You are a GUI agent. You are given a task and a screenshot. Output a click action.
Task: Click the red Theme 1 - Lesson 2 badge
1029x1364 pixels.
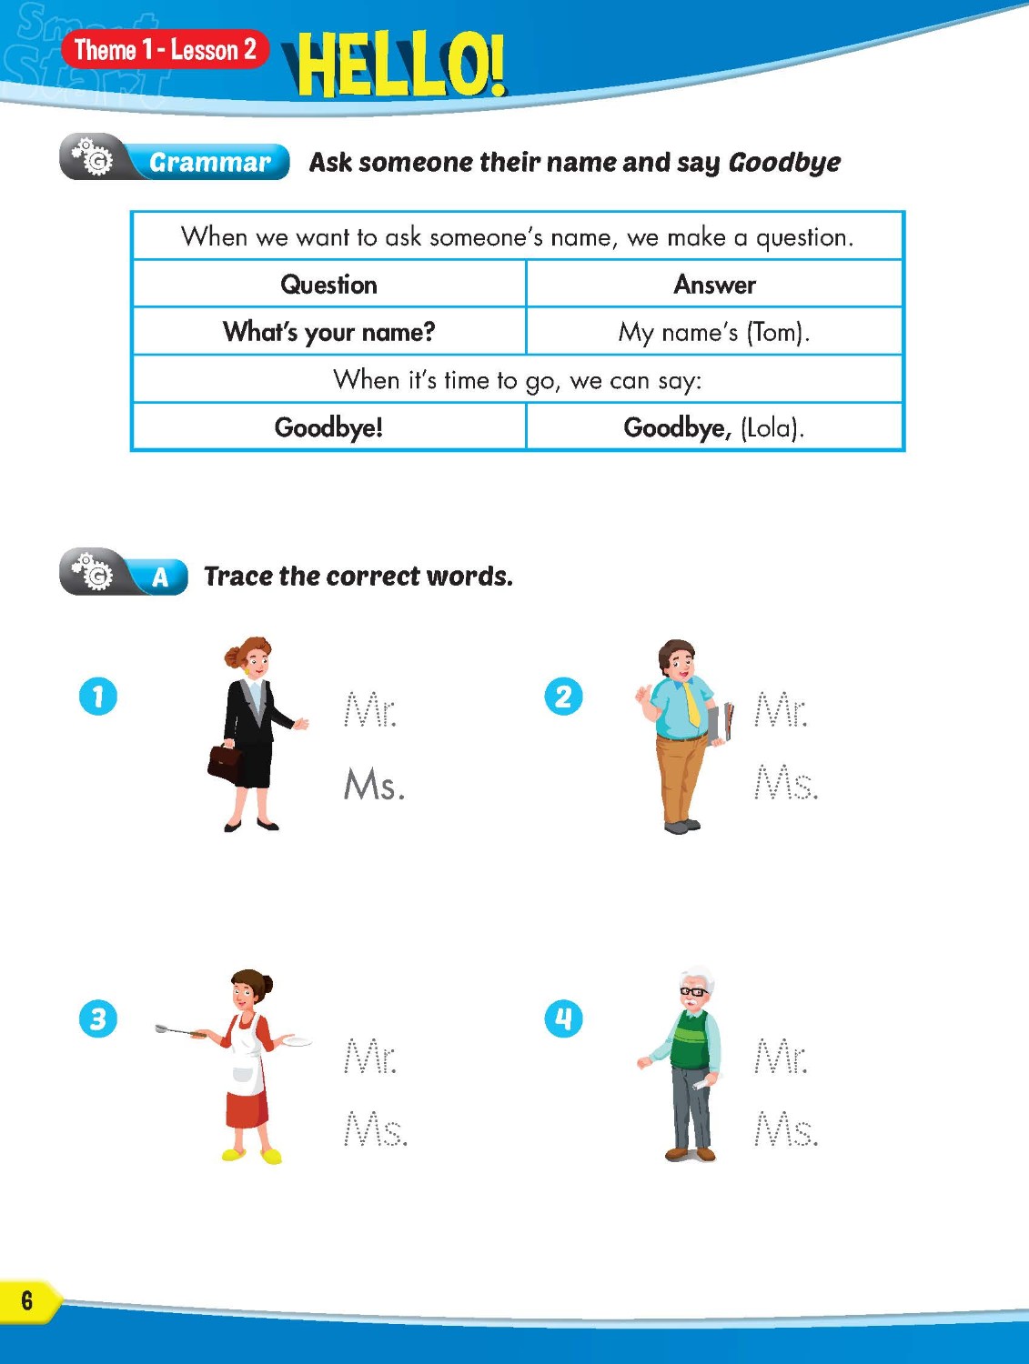point(165,49)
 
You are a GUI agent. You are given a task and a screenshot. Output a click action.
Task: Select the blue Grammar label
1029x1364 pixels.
point(209,162)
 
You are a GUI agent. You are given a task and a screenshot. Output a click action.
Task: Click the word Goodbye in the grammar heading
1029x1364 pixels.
point(784,163)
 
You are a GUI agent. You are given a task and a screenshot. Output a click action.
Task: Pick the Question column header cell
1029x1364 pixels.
point(328,285)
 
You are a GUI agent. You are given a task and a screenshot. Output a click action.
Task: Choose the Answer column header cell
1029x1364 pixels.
point(714,285)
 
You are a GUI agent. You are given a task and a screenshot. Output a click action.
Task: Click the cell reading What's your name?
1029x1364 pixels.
point(328,332)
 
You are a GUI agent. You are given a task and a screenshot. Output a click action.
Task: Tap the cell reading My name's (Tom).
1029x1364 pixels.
point(714,332)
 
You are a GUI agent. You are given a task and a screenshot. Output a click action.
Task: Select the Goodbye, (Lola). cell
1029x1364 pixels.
point(714,427)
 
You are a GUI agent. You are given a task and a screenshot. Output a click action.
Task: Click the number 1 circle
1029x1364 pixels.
point(98,697)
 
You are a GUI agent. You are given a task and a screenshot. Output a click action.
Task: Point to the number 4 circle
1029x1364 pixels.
point(563,1018)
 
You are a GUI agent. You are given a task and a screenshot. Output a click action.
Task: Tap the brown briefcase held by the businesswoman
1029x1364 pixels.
point(225,761)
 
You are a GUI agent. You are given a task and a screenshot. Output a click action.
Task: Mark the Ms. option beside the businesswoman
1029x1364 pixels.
point(374,785)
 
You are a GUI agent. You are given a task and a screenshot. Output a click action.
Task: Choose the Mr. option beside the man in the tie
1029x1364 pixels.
point(781,710)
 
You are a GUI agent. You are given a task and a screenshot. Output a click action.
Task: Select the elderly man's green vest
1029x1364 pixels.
point(689,1040)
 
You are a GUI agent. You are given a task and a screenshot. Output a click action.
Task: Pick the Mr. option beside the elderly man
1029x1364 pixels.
point(781,1058)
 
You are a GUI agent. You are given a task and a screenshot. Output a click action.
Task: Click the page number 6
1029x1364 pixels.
point(26,1300)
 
